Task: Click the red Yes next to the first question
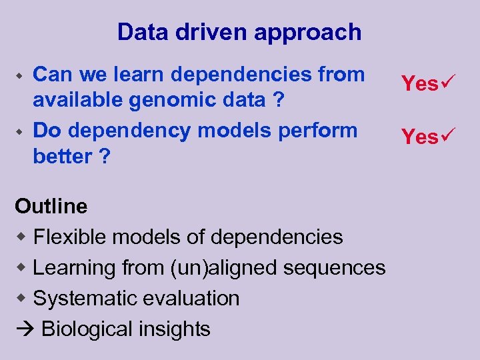point(419,84)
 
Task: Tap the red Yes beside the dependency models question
point(419,137)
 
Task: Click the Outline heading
point(51,206)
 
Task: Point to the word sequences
point(334,268)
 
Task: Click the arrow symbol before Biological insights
point(24,329)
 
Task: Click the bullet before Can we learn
point(21,75)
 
